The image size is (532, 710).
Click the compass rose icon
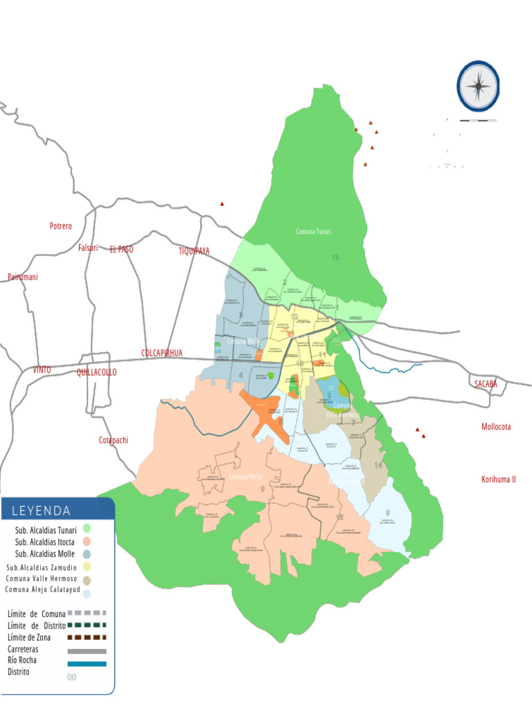tap(478, 86)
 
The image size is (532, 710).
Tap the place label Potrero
tap(61, 227)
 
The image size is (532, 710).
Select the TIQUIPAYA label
tap(194, 251)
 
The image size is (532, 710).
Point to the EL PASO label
tap(121, 249)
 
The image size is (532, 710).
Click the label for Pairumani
tap(23, 277)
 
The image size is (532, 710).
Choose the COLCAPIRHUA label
tap(162, 353)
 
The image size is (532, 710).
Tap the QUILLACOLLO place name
tap(97, 372)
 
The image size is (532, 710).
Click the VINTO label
tap(42, 370)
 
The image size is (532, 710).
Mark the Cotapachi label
tap(114, 440)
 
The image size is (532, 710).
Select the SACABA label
tap(486, 384)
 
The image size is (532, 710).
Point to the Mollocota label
tap(496, 427)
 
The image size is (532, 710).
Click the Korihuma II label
tap(499, 480)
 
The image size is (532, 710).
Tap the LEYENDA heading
tap(41, 511)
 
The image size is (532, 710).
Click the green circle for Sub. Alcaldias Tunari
tap(87, 529)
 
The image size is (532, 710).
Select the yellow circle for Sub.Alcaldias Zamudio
tap(87, 567)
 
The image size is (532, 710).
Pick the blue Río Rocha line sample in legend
tap(87, 664)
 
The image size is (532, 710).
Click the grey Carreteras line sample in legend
tap(87, 651)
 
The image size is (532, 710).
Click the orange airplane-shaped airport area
tap(261, 412)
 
